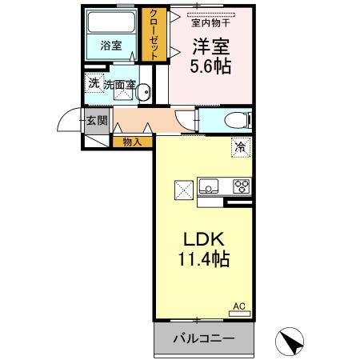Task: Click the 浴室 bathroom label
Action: click(111, 46)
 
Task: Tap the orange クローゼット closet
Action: click(152, 34)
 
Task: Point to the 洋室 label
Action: click(210, 47)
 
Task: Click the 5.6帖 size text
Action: click(210, 67)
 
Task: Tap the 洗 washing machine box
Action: click(94, 84)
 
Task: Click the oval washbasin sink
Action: click(145, 93)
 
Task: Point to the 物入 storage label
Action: click(132, 142)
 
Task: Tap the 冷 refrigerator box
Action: click(240, 146)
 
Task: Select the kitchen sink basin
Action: click(209, 188)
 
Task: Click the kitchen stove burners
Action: click(240, 187)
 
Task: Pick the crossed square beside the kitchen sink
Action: click(182, 190)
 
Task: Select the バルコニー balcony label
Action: click(204, 339)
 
